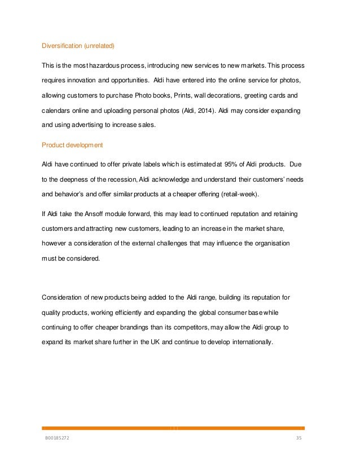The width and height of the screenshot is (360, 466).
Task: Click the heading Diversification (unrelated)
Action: click(x=82, y=46)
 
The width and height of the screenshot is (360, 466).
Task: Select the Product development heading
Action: click(x=72, y=145)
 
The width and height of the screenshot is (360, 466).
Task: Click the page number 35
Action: click(x=300, y=437)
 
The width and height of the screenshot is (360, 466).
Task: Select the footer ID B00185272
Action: click(x=59, y=437)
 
